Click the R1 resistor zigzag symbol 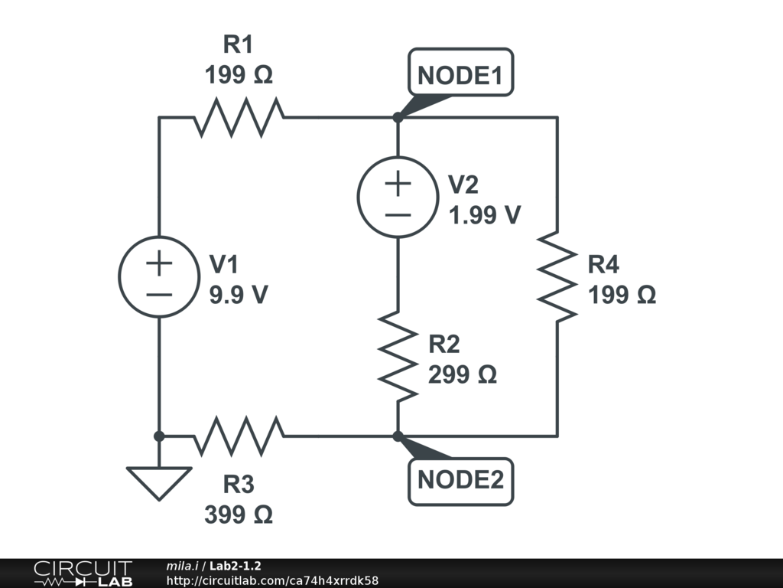239,117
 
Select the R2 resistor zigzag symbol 398,357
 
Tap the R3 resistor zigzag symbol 239,436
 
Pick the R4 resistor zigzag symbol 557,276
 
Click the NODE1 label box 460,72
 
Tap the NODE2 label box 460,482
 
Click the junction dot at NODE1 398,117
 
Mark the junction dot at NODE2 398,436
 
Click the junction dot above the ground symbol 159,436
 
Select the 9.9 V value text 239,295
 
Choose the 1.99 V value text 484,215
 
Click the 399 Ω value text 239,514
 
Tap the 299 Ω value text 463,374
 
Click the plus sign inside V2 398,184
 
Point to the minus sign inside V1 159,295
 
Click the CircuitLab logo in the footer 83,573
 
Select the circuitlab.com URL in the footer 272,580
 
